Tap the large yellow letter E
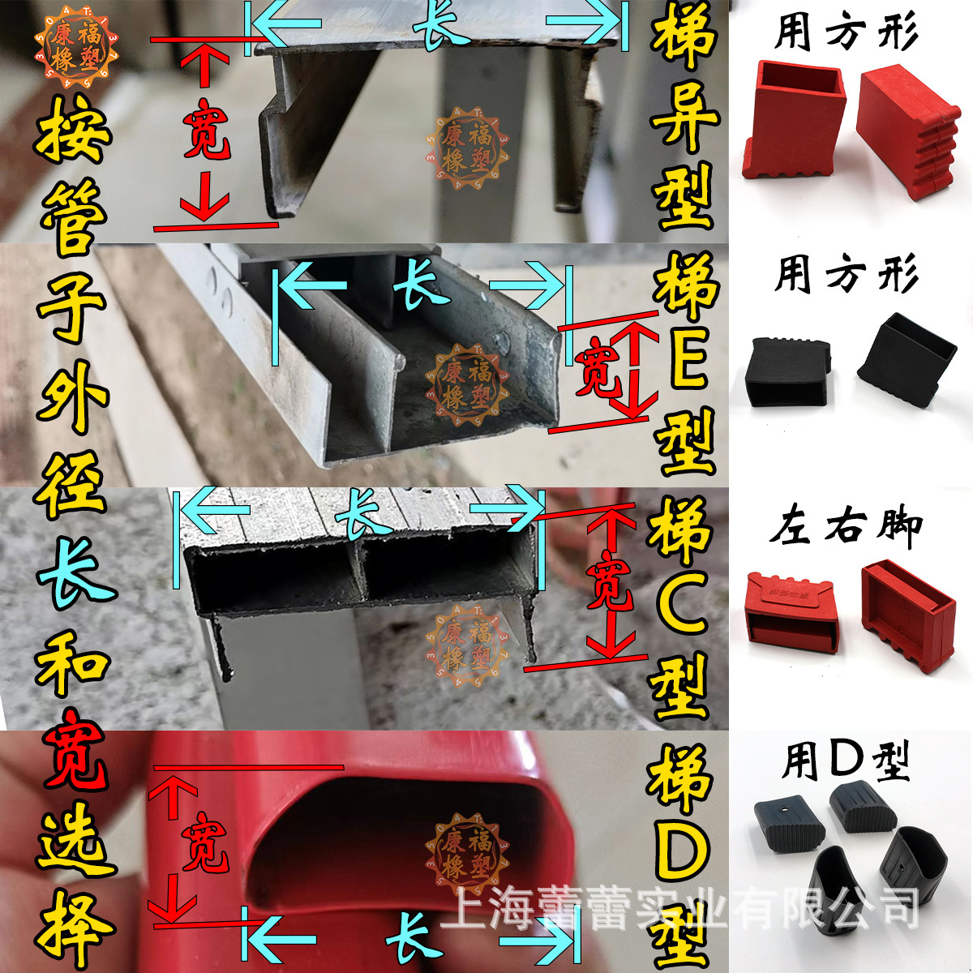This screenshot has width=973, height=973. tap(686, 365)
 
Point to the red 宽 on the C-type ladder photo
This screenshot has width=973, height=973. tap(610, 581)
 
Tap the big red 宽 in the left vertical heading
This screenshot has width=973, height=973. tap(73, 750)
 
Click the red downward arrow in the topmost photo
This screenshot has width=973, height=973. tap(203, 199)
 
